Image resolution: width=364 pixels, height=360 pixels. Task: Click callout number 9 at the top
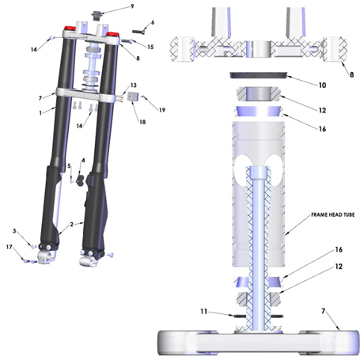[132, 6]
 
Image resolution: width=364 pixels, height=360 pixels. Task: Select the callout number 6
[153, 21]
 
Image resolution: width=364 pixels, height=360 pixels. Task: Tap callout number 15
[150, 47]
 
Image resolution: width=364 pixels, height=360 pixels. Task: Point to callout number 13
[134, 85]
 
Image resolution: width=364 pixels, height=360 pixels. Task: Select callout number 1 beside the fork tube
[40, 112]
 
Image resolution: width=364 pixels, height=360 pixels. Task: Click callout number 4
[83, 161]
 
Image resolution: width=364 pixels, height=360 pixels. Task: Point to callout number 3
[13, 230]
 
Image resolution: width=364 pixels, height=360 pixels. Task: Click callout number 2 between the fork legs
[71, 225]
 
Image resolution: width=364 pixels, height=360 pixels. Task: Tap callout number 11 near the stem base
[204, 313]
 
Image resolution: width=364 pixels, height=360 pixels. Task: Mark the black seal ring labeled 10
[259, 76]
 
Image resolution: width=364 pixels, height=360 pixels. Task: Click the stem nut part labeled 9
[99, 13]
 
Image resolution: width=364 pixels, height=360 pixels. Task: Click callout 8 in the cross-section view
[351, 72]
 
